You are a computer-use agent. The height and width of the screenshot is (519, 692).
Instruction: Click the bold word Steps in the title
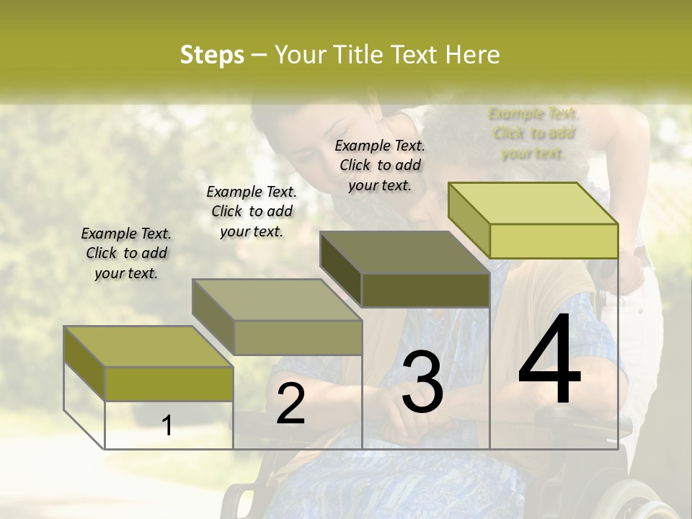(x=212, y=55)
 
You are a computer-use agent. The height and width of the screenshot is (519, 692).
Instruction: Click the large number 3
(x=422, y=382)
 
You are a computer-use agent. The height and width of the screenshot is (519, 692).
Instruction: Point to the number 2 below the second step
(x=290, y=404)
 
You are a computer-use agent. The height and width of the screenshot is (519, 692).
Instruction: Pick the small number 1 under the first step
(x=167, y=425)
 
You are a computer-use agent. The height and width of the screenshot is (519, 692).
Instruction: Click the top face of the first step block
(x=148, y=347)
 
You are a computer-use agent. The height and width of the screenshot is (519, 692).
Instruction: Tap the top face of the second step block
(x=276, y=299)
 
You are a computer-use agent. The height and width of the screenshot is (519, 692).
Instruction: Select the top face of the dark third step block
(x=404, y=252)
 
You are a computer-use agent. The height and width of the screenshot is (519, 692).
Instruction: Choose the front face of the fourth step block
(x=554, y=241)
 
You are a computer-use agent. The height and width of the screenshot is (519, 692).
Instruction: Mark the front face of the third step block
(x=425, y=290)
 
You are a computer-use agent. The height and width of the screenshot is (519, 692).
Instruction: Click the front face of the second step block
(x=298, y=337)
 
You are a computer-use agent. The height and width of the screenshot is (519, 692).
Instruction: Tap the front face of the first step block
(x=169, y=383)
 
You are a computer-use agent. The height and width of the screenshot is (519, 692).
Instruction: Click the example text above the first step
(x=126, y=253)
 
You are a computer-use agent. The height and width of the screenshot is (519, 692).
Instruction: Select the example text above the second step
(x=252, y=211)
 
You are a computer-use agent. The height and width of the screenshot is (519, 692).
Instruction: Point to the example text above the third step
(x=380, y=165)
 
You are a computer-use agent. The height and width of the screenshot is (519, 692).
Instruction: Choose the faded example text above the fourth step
(x=533, y=133)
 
